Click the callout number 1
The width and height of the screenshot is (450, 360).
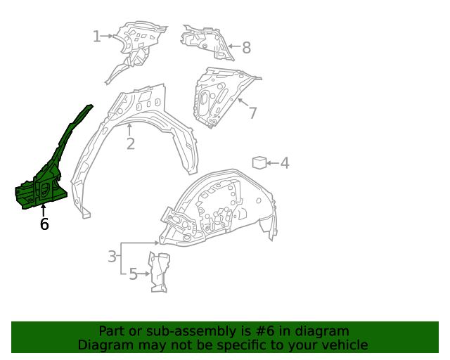[x=96, y=36]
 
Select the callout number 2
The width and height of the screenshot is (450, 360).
[x=130, y=144]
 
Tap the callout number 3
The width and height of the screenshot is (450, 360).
[x=112, y=257]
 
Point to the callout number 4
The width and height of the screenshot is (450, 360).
[x=284, y=164]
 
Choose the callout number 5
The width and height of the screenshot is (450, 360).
[x=133, y=274]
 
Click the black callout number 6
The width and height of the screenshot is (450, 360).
[x=44, y=224]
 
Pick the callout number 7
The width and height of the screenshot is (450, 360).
[x=252, y=113]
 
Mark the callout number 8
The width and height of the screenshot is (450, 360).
[x=246, y=48]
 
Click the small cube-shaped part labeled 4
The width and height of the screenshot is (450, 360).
[x=259, y=163]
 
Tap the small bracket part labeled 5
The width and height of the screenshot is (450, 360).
[x=158, y=271]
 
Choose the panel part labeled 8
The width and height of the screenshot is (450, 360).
[x=207, y=41]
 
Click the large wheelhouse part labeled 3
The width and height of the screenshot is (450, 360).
[x=225, y=207]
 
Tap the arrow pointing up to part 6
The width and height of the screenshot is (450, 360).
[x=44, y=209]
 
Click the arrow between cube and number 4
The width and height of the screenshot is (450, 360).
[x=273, y=163]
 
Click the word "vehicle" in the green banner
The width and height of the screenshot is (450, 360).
[x=344, y=345]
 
